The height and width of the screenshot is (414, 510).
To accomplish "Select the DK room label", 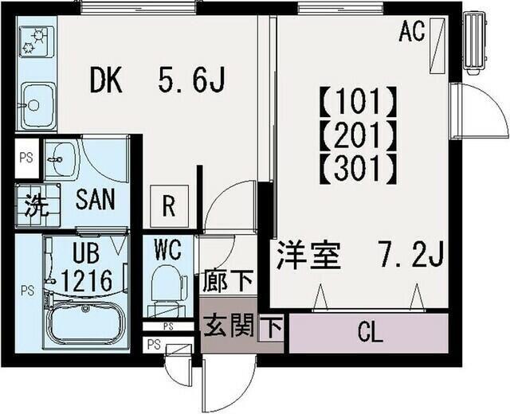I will [x=105, y=80].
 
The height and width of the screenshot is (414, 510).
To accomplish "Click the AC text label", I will [x=411, y=33].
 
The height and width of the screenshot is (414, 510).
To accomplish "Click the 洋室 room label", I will [x=308, y=256].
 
